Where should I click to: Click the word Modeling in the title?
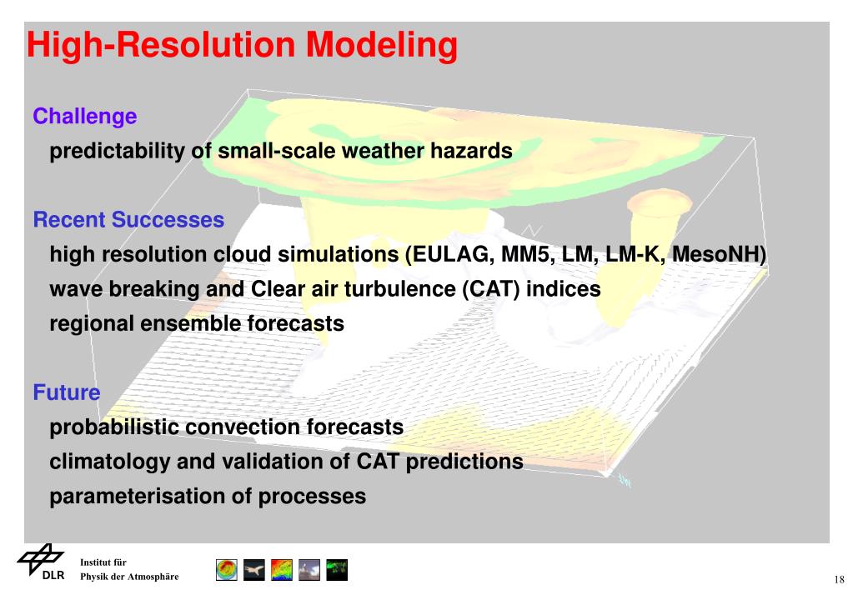381,46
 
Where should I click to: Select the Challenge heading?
85,117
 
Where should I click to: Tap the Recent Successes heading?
129,220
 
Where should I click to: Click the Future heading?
67,392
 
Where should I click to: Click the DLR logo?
42,562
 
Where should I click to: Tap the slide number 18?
839,580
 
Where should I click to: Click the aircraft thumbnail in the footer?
254,570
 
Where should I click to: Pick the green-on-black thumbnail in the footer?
337,570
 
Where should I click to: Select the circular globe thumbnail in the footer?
227,570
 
